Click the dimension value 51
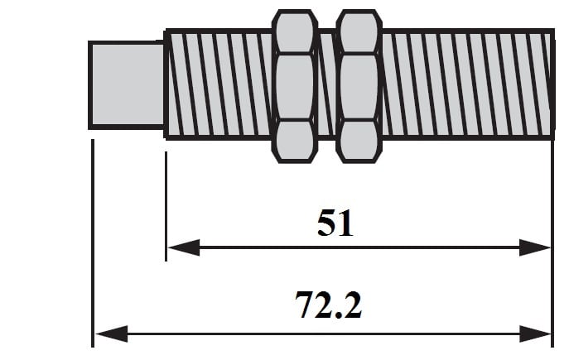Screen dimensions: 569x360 (x=335, y=223)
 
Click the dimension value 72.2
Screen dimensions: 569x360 (x=328, y=305)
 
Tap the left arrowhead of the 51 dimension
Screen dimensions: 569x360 (x=184, y=247)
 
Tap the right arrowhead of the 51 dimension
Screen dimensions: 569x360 (x=534, y=247)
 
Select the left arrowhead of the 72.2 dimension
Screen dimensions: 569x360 (x=112, y=334)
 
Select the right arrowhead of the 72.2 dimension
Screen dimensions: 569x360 (x=535, y=334)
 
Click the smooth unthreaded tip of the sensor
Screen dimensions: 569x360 (x=126, y=85)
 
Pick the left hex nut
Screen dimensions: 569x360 (x=295, y=86)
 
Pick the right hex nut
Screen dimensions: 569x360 (x=359, y=86)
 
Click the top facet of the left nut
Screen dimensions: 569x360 (x=295, y=32)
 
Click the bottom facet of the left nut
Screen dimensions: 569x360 (x=295, y=141)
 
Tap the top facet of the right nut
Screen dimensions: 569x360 (x=359, y=32)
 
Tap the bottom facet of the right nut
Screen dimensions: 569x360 (x=359, y=141)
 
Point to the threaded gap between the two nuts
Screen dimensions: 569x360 (x=327, y=84)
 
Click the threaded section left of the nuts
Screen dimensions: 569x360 (x=219, y=84)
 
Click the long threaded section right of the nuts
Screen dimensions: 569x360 (x=468, y=84)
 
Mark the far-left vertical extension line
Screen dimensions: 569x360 (x=93, y=243)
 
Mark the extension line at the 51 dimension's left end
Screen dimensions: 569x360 (x=166, y=206)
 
